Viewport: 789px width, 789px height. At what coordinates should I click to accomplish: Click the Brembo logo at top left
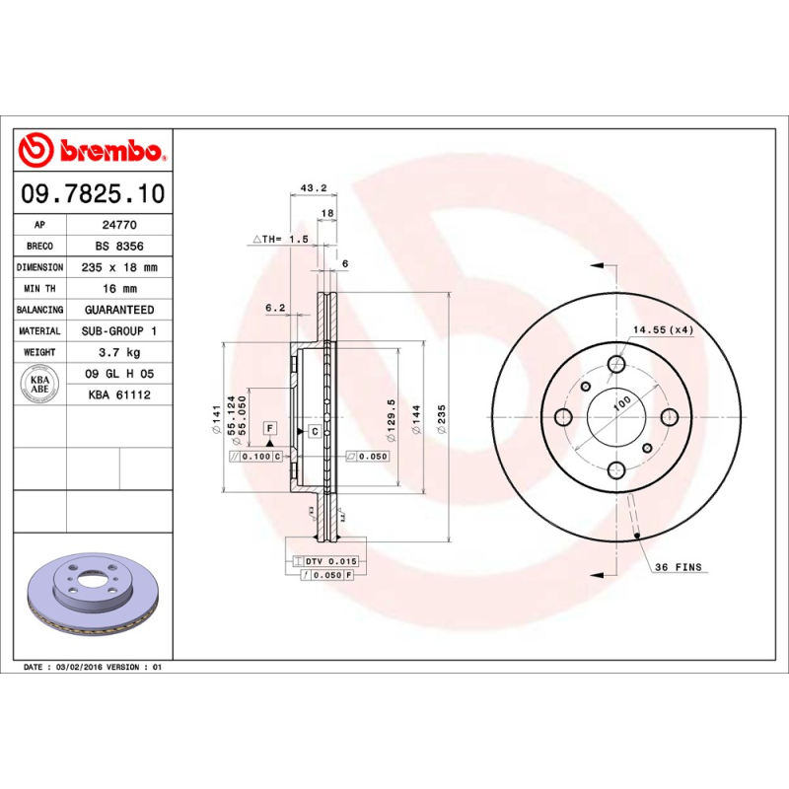point(92,151)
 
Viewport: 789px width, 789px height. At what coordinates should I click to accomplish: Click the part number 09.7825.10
point(93,193)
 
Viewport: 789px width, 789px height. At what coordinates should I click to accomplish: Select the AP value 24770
point(119,225)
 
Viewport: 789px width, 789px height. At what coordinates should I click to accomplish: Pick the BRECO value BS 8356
point(119,246)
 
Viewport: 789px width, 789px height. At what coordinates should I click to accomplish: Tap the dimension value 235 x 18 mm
point(119,267)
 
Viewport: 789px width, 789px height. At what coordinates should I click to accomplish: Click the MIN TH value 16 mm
point(119,288)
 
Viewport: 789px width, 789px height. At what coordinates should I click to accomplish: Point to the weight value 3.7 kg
point(119,352)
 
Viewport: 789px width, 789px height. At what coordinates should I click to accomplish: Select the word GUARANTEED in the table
point(119,310)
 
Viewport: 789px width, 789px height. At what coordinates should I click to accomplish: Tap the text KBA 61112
point(119,394)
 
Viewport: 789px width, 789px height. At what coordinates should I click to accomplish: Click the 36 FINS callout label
point(680,567)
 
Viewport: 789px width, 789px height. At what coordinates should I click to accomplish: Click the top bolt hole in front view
point(617,363)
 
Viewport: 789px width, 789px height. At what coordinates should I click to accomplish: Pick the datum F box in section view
point(269,427)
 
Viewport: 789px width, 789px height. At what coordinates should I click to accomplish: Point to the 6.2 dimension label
point(275,309)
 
